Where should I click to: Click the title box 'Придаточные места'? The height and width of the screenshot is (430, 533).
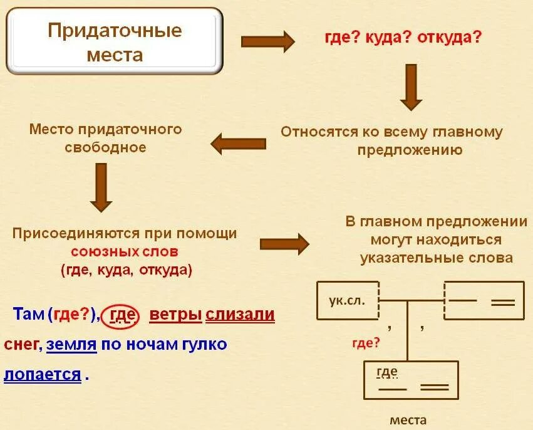[x=115, y=41]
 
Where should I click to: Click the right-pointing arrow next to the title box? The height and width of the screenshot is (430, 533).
[x=267, y=41]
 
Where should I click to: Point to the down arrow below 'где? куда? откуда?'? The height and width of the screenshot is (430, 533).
[x=411, y=87]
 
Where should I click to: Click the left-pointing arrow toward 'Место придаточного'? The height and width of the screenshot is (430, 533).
[x=238, y=144]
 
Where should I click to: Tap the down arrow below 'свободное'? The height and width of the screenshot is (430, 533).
[x=101, y=187]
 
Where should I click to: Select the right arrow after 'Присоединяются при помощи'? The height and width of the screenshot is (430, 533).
[x=285, y=243]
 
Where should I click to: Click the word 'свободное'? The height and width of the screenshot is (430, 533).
[x=105, y=147]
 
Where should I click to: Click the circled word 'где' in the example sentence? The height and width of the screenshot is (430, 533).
[x=123, y=314]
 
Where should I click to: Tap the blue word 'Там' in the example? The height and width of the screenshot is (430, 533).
[x=28, y=315]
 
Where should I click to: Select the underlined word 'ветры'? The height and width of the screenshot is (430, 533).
[x=175, y=314]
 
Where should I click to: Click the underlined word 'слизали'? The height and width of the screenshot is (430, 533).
[x=241, y=314]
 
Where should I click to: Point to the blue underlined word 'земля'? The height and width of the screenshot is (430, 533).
[x=71, y=344]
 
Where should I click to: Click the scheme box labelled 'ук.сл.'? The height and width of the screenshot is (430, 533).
[x=348, y=300]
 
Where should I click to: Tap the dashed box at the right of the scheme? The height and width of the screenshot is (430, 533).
[x=484, y=301]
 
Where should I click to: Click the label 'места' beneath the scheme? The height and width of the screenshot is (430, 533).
[x=408, y=419]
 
